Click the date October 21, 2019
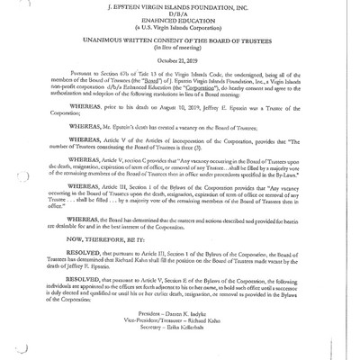(x=179, y=71)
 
